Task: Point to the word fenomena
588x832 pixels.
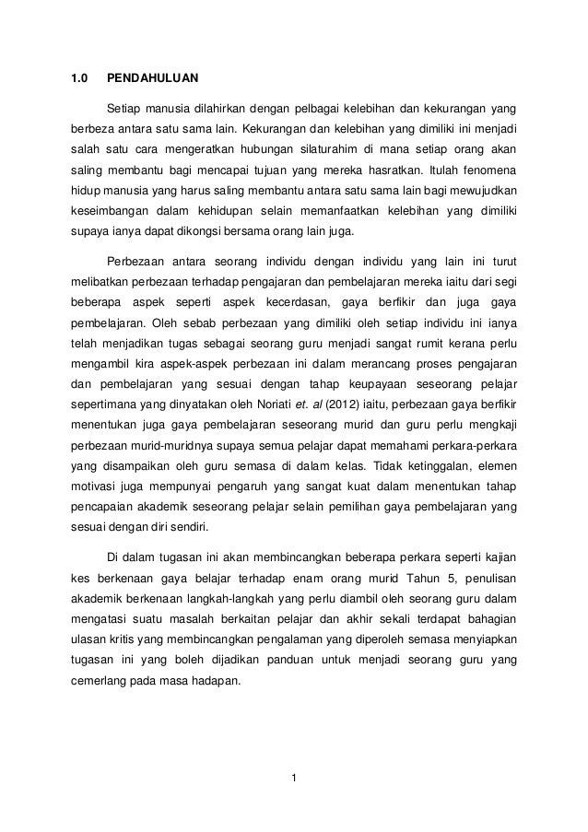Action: click(488, 171)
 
